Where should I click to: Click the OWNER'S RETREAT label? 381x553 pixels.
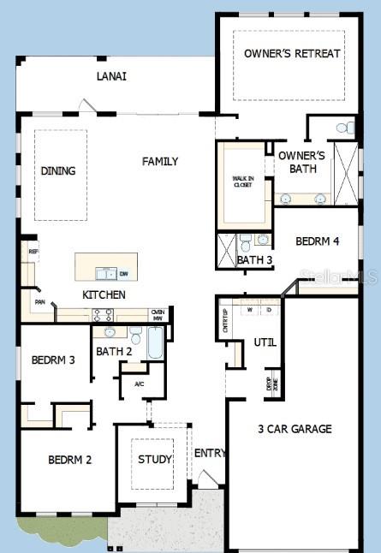(292, 53)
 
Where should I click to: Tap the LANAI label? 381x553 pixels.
(111, 76)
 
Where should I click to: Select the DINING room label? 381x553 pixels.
(58, 170)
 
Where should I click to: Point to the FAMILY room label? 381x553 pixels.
(160, 161)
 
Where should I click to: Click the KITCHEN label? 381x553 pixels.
(104, 294)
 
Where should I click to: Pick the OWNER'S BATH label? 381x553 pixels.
(302, 162)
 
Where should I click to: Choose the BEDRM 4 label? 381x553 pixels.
(317, 241)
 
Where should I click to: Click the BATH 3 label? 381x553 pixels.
(254, 260)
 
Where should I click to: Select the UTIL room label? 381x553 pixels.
(265, 342)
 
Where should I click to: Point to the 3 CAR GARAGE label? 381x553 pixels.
(295, 428)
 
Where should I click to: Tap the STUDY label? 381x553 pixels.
(155, 459)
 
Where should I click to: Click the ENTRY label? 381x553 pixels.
(210, 453)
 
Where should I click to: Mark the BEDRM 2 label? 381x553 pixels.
(69, 460)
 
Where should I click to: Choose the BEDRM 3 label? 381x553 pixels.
(53, 360)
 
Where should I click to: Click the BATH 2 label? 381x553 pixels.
(114, 351)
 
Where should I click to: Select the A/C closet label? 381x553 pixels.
(139, 384)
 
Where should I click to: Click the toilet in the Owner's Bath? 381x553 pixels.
(343, 128)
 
